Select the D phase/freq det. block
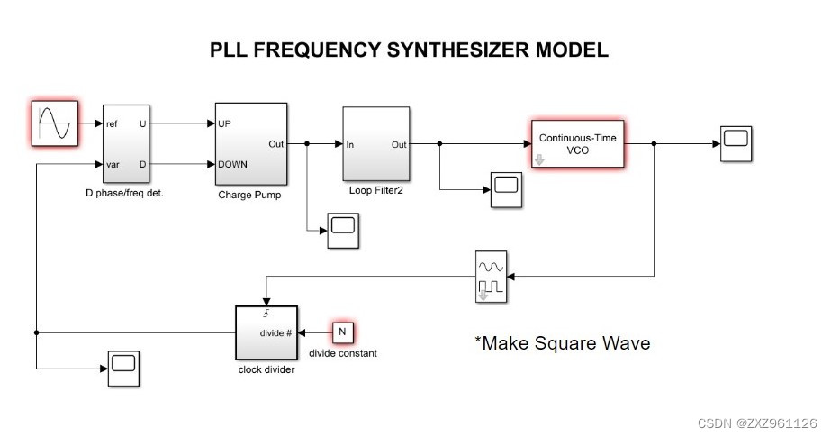[x=126, y=144]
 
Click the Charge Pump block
[x=250, y=144]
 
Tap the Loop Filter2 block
[x=375, y=143]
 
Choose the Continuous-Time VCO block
[x=576, y=143]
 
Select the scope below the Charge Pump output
[x=342, y=231]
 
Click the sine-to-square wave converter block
[x=492, y=277]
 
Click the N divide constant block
[x=342, y=332]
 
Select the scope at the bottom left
[x=124, y=369]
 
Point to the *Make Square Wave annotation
[x=562, y=343]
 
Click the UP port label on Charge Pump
[x=225, y=124]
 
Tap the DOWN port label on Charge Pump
[x=232, y=164]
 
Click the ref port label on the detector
[x=113, y=124]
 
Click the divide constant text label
[x=342, y=353]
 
